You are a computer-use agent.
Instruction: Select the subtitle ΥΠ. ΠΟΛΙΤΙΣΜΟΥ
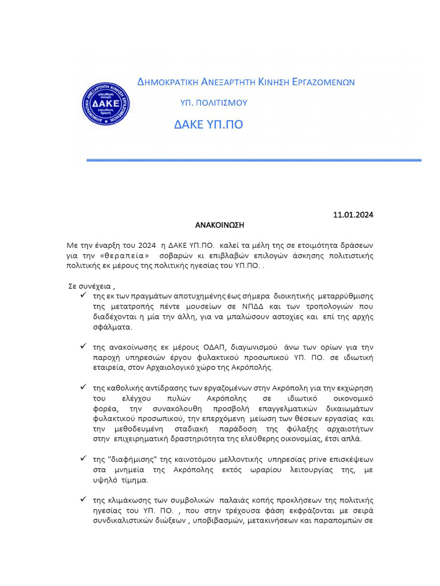[214, 103]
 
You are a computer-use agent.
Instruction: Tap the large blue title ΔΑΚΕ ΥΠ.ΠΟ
[209, 125]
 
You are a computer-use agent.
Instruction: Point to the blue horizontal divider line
[254, 160]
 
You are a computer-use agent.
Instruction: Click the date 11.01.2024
[353, 215]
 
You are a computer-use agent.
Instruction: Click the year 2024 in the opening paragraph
[147, 245]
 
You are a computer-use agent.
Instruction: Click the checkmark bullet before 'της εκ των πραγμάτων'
[84, 295]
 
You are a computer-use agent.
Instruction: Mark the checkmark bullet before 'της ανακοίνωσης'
[84, 347]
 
